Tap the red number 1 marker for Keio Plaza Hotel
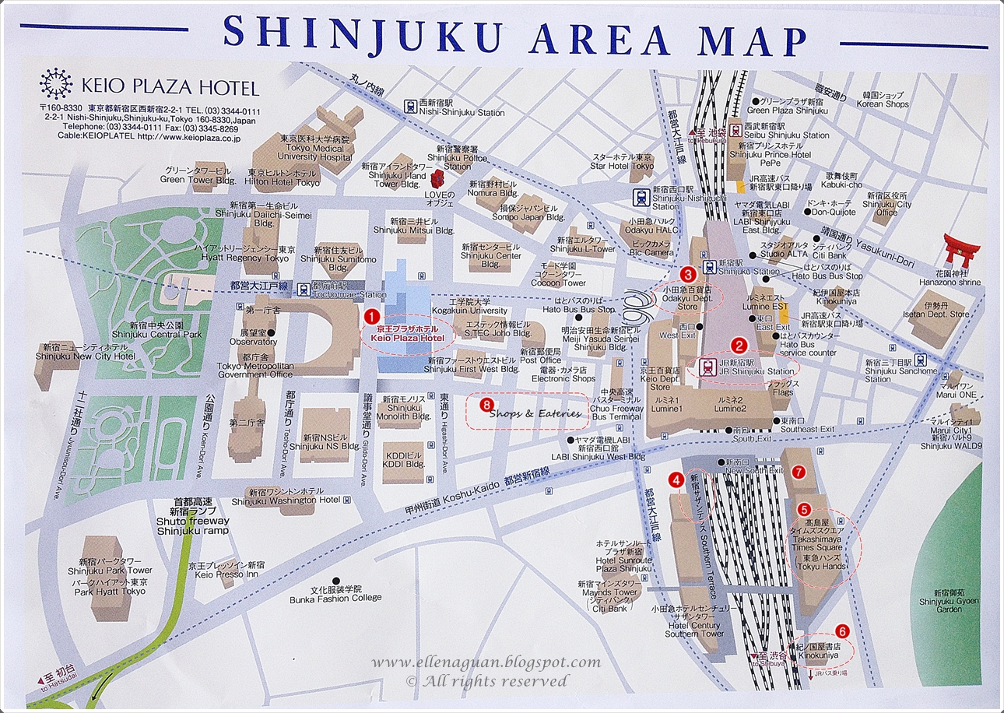coord(372,316)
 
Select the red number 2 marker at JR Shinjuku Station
coord(737,342)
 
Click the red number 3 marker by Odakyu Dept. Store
coord(687,274)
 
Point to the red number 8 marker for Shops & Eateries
coord(487,404)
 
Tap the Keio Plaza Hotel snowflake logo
coord(54,84)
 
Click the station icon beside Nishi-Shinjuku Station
coord(409,105)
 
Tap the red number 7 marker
coord(797,472)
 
